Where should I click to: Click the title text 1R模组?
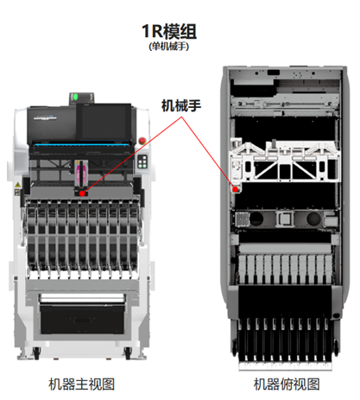(169, 31)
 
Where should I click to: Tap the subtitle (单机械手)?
(169, 47)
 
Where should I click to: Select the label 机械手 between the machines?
(181, 105)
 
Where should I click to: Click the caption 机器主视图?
(82, 384)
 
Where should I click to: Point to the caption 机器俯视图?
(287, 384)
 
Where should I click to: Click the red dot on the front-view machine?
(82, 194)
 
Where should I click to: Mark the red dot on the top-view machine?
(236, 189)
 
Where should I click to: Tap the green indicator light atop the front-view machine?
(75, 97)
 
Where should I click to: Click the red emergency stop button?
(142, 141)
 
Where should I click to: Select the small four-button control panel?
(142, 162)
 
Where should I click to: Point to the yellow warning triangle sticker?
(17, 185)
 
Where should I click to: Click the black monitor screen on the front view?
(104, 121)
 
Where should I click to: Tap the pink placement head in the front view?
(81, 174)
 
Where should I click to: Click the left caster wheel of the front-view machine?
(36, 352)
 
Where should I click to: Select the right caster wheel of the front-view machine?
(128, 352)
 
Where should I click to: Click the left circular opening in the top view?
(256, 219)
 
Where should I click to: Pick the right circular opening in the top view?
(313, 219)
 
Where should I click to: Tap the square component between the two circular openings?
(284, 219)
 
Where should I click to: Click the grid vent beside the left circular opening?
(242, 219)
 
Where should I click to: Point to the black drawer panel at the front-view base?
(82, 320)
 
